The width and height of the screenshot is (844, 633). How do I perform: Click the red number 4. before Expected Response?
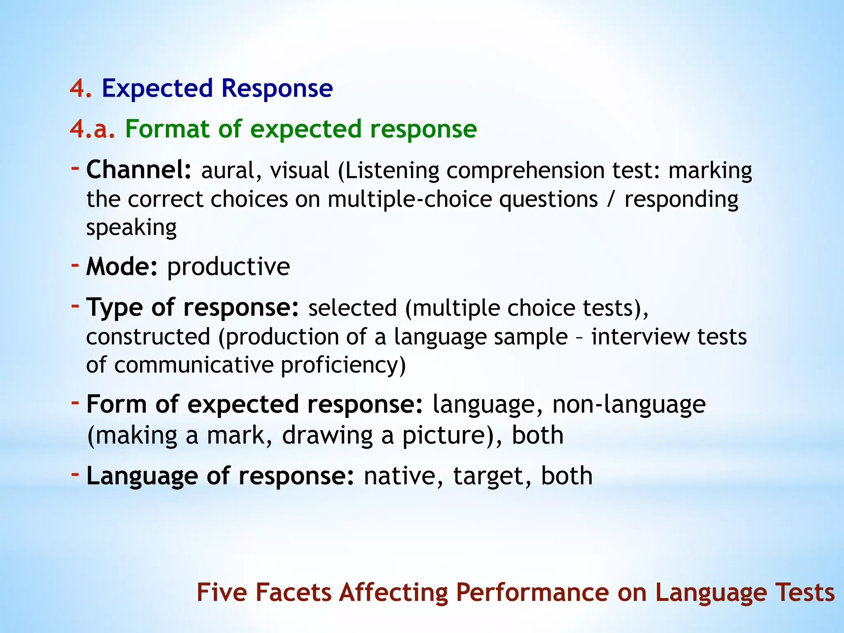80,89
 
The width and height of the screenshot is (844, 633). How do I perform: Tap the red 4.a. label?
92,129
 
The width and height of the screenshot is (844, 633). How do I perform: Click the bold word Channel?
139,170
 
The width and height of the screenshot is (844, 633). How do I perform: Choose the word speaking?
131,228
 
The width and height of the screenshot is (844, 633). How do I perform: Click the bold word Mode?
122,267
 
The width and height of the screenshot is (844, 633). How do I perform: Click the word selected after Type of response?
352,308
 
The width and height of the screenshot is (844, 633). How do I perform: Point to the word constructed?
148,337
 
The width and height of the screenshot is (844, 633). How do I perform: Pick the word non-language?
628,405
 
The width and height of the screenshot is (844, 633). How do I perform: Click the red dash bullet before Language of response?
75,474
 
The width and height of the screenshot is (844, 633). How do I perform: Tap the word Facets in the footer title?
293,593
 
